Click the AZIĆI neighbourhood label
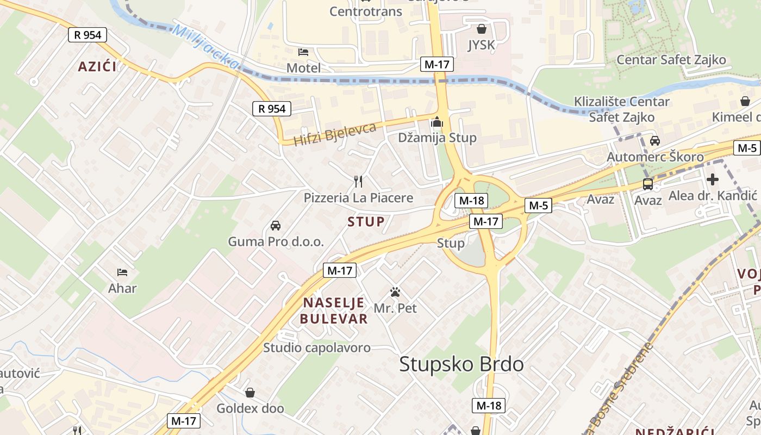(x=97, y=67)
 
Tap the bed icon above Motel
(x=303, y=52)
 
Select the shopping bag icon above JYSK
(x=481, y=29)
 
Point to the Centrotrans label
(x=366, y=11)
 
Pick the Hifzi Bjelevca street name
(x=335, y=134)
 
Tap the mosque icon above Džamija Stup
(x=437, y=123)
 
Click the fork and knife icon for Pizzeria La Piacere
(x=358, y=182)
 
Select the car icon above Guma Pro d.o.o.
(x=276, y=226)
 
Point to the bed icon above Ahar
(x=122, y=272)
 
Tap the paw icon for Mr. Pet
(x=395, y=293)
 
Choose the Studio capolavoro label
(x=317, y=347)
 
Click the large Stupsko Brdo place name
(x=461, y=364)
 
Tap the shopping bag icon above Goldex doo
(x=250, y=392)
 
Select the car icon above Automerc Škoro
(x=655, y=141)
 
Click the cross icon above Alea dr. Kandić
(x=712, y=179)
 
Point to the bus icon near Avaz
(x=648, y=184)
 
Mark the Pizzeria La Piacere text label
(x=358, y=198)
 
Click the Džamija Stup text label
(x=437, y=138)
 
